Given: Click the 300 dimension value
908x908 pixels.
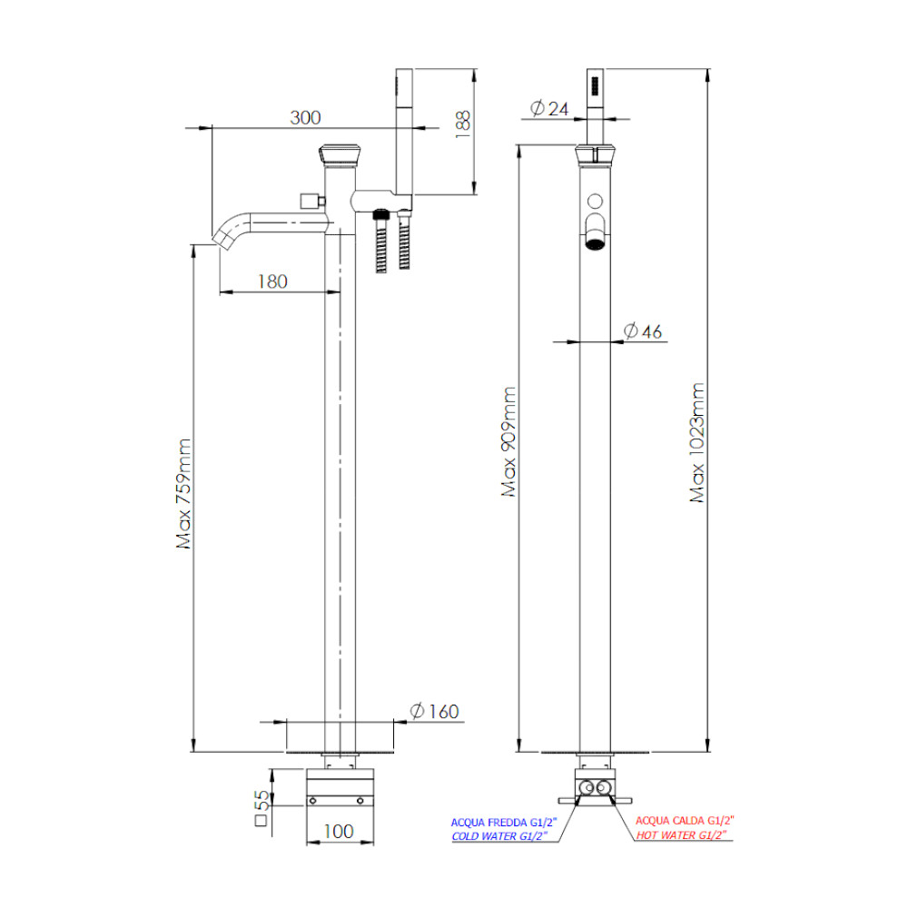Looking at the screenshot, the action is [305, 117].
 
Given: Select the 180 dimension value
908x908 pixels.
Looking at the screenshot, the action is [272, 281].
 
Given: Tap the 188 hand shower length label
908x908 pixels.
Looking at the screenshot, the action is [463, 123].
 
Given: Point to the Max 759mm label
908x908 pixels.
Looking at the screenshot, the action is [184, 493].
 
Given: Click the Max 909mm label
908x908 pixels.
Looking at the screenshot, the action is [508, 442].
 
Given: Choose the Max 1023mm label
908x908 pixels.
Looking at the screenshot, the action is [697, 442].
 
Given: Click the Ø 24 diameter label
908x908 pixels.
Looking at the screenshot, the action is [549, 108].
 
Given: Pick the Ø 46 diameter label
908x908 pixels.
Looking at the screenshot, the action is [643, 331].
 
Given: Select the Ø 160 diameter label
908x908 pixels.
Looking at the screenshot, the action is [434, 711].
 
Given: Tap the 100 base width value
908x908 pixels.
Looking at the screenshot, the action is [338, 832].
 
